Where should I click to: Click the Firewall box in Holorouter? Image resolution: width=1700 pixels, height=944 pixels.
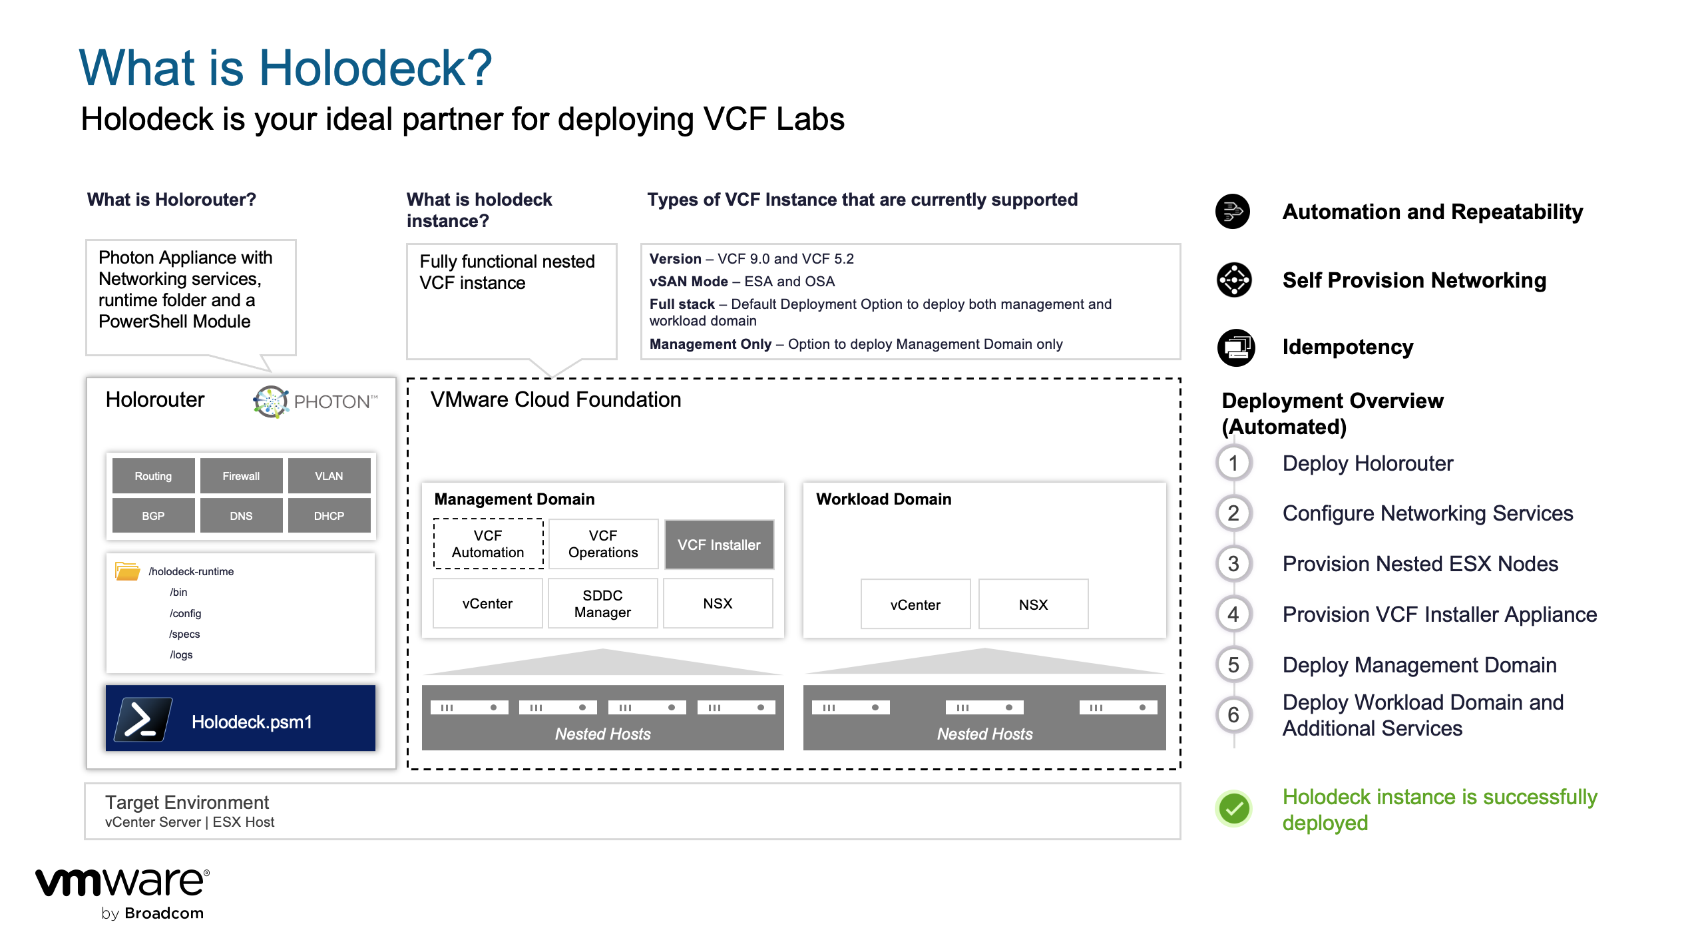pyautogui.click(x=241, y=476)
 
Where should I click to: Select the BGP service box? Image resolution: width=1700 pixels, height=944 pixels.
pyautogui.click(x=153, y=516)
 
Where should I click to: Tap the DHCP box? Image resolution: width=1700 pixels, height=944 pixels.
pyautogui.click(x=329, y=516)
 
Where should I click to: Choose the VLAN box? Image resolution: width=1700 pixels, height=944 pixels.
pyautogui.click(x=329, y=476)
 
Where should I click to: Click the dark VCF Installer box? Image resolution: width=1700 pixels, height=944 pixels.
pyautogui.click(x=719, y=545)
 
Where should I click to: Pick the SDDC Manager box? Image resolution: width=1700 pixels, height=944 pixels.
pyautogui.click(x=602, y=604)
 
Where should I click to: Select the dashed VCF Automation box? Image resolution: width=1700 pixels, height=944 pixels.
pyautogui.click(x=488, y=544)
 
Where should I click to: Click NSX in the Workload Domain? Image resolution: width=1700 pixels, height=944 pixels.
pyautogui.click(x=1033, y=604)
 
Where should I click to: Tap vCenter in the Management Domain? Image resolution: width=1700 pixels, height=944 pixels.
pyautogui.click(x=487, y=604)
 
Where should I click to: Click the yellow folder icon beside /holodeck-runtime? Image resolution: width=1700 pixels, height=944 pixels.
pyautogui.click(x=127, y=571)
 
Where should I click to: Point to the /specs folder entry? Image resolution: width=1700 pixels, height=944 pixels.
pyautogui.click(x=184, y=634)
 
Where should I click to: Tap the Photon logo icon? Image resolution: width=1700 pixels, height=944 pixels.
pyautogui.click(x=271, y=401)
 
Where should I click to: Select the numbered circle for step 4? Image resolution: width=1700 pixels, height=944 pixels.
pyautogui.click(x=1233, y=614)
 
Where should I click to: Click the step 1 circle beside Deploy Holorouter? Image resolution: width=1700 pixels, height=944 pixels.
pyautogui.click(x=1233, y=463)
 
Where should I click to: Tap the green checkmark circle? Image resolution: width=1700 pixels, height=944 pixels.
pyautogui.click(x=1234, y=809)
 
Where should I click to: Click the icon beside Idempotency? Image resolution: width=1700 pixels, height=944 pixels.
pyautogui.click(x=1235, y=347)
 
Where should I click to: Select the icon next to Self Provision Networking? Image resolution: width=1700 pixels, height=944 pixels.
pyautogui.click(x=1234, y=280)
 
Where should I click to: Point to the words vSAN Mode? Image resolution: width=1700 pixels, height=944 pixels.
pyautogui.click(x=688, y=282)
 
